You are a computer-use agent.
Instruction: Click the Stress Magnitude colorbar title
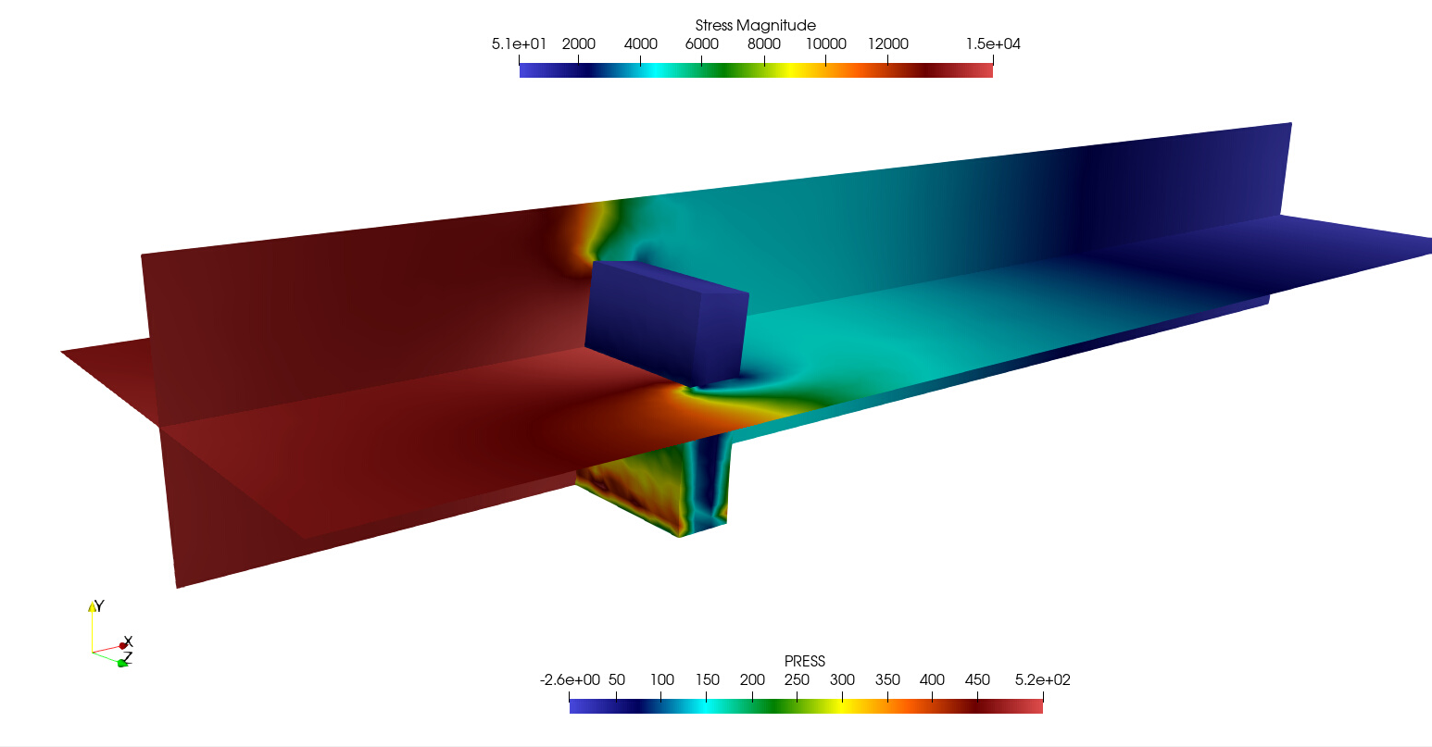coord(755,26)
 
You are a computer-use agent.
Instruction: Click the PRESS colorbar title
coord(804,661)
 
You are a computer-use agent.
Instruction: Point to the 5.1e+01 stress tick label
coord(519,44)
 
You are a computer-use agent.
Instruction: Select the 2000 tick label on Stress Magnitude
coord(579,44)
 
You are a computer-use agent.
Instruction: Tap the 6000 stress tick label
coord(701,44)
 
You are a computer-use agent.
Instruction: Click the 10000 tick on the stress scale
coord(825,44)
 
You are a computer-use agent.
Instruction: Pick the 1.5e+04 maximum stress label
coord(993,44)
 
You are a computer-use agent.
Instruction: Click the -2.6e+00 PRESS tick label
coord(570,680)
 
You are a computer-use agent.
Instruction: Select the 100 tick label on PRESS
coord(661,680)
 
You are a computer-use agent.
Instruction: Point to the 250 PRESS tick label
coord(797,680)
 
